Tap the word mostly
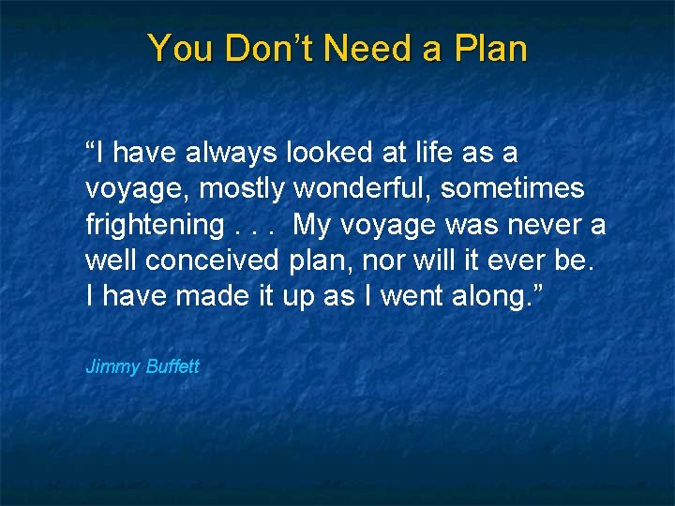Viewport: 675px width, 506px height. [x=243, y=188]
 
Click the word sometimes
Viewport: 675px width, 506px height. [x=513, y=188]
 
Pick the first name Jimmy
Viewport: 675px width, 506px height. [x=112, y=366]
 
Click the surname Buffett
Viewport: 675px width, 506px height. [x=172, y=366]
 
